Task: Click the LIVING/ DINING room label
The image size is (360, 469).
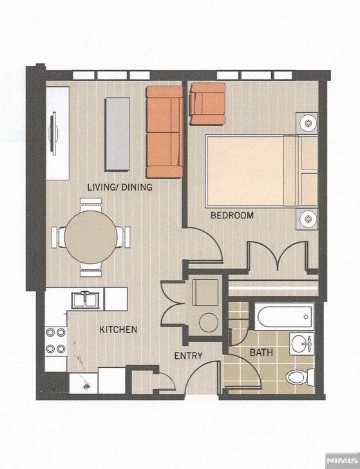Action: (120, 187)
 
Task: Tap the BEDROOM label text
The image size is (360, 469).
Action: (232, 215)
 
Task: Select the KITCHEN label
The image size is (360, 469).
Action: (118, 330)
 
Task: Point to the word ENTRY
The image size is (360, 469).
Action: (188, 356)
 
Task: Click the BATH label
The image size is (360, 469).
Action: (261, 352)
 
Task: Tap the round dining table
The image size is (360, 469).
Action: (91, 237)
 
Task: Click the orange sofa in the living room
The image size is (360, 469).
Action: (164, 132)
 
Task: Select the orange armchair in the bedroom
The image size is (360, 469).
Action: (208, 104)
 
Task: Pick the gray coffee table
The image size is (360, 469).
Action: (117, 134)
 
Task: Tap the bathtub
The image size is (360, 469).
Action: (284, 316)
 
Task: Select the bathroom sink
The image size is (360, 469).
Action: (302, 343)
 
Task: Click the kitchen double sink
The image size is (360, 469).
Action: (86, 300)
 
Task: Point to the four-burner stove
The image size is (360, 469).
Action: (56, 340)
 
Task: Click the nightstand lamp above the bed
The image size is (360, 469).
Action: (307, 123)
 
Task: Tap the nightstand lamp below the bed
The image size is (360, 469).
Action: (307, 219)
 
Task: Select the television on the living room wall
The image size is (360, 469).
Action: (54, 133)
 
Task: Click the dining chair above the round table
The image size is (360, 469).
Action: (91, 205)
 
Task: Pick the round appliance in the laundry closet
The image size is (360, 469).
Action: (209, 322)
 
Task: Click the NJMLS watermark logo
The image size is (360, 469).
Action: (343, 459)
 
